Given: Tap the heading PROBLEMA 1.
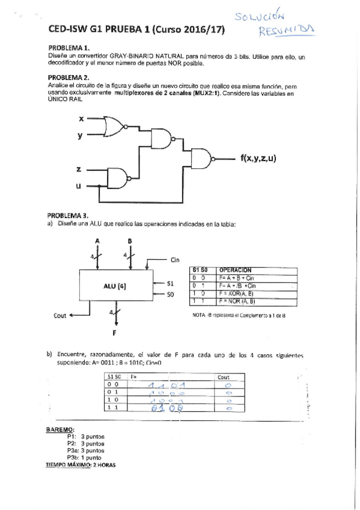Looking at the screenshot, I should [x=69, y=48].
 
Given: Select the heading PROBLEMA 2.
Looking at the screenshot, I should [x=69, y=78].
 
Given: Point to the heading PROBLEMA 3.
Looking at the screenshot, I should [x=69, y=215].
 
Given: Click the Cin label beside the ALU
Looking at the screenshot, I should [x=175, y=260].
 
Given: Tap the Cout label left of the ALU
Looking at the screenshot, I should [x=60, y=315].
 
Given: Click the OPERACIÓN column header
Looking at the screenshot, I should [x=236, y=271].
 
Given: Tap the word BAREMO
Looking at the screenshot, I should [x=58, y=429].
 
